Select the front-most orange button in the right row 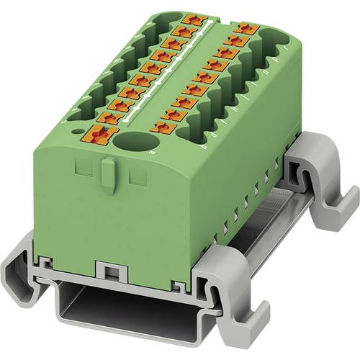click(164, 127)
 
